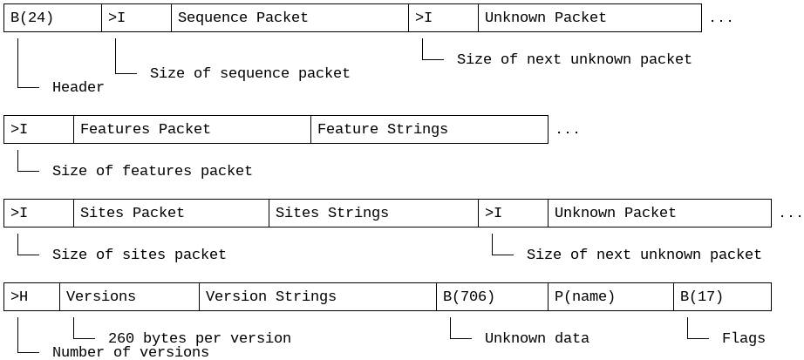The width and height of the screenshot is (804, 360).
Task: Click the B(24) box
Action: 52,18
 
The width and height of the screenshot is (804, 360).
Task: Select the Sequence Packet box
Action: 290,18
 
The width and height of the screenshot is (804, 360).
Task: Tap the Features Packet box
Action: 192,130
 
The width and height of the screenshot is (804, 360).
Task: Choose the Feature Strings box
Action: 429,130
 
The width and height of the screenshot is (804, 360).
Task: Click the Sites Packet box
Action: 171,214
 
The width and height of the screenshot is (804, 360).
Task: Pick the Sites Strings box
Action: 373,214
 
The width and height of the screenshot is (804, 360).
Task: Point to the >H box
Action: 31,297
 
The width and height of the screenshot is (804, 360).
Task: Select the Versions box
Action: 129,297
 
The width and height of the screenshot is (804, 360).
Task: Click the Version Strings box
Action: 317,297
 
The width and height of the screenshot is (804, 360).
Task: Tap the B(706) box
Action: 492,297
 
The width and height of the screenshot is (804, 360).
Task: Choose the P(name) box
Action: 610,297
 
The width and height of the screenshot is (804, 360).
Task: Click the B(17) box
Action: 722,297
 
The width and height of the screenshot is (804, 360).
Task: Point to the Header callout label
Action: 78,87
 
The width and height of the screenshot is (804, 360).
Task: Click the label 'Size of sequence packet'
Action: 249,73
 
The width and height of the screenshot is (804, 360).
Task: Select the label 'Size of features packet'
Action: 152,171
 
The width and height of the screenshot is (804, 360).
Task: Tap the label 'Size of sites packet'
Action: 139,255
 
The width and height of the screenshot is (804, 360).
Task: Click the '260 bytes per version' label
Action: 199,338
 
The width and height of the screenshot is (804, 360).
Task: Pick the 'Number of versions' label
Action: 130,352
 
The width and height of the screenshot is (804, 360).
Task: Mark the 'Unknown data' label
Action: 536,338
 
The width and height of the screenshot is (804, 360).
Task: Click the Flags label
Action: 743,338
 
